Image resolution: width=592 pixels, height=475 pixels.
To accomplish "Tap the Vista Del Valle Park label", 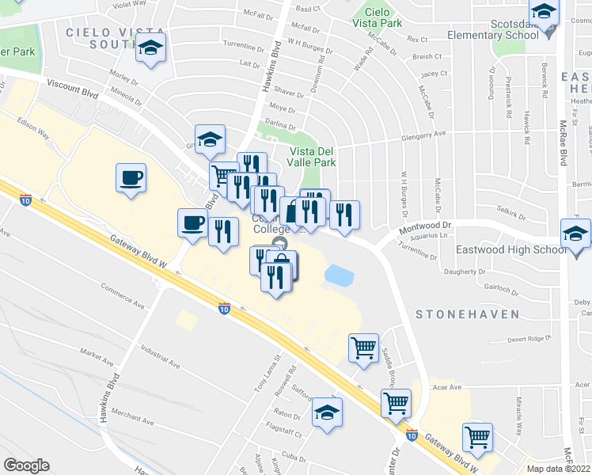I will (313, 157).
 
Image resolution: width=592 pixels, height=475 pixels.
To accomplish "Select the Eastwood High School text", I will (511, 249).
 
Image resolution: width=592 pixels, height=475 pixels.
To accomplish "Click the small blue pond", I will (339, 275).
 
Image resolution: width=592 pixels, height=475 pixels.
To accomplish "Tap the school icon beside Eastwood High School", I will (575, 234).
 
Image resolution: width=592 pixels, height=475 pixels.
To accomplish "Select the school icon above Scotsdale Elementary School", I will (544, 13).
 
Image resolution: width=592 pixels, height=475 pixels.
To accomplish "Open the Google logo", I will (26, 465).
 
